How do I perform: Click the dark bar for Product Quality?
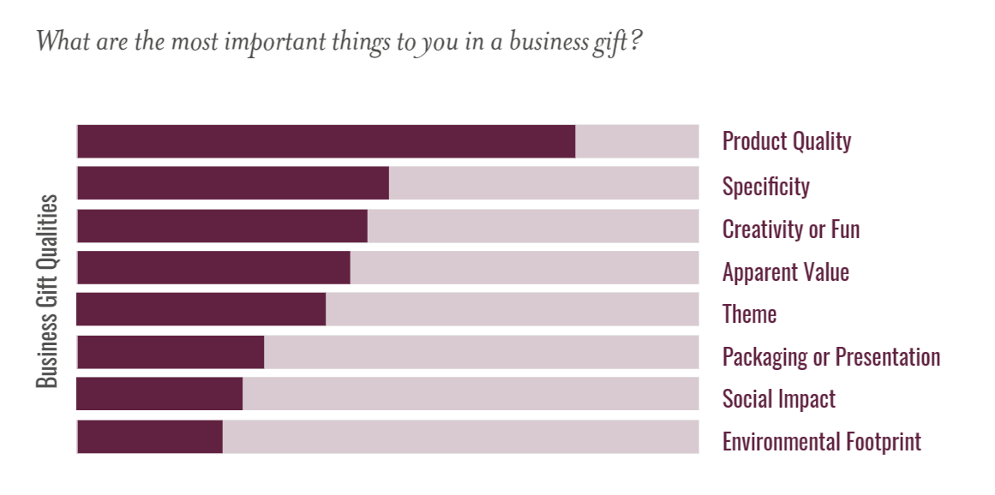(x=326, y=141)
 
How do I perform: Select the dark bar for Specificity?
(x=232, y=183)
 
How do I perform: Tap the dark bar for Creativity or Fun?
(x=222, y=225)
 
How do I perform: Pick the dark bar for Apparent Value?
(x=213, y=267)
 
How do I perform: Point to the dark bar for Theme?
(x=201, y=309)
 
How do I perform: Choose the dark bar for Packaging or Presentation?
(x=171, y=352)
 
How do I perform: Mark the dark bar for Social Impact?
(x=159, y=394)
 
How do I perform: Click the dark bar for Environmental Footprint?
(x=150, y=437)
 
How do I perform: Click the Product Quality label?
(x=786, y=141)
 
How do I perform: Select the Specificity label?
(x=765, y=186)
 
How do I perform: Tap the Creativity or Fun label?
(x=790, y=230)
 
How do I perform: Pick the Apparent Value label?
(x=785, y=272)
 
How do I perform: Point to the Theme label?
(x=749, y=314)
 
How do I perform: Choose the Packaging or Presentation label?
(x=830, y=356)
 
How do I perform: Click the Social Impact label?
(x=778, y=399)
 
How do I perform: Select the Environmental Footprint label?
(x=821, y=442)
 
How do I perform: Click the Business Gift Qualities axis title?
(x=48, y=291)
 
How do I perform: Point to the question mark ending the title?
(x=635, y=40)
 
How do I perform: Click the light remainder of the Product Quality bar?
(x=637, y=141)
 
